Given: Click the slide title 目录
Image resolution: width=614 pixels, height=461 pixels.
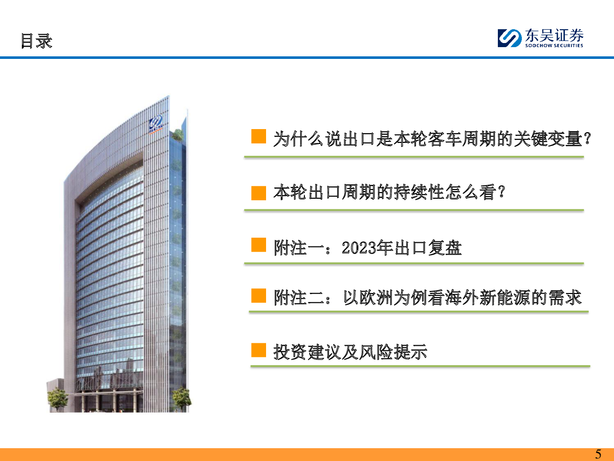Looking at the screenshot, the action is pos(37,41).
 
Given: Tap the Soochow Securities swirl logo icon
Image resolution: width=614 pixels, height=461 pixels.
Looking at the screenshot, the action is pos(510,38).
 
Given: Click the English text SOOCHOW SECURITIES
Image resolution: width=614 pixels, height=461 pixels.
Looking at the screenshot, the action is pos(554,46).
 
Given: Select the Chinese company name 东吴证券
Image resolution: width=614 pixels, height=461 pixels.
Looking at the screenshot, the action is pos(554,35).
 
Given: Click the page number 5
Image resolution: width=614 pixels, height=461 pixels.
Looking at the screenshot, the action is pos(598,454).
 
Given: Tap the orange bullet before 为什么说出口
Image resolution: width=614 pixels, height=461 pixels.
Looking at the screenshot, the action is pos(258,136).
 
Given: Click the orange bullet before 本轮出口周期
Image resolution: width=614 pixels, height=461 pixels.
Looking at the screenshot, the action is pos(258,193).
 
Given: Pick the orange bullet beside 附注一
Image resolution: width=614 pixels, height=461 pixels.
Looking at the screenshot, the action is pos(258,245).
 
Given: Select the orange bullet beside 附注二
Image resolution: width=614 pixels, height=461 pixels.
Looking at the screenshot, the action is pos(258,296).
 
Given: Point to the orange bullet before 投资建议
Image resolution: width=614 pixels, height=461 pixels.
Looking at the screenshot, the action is pos(258,350).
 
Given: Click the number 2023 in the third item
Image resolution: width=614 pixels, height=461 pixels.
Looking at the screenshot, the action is pos(359,248).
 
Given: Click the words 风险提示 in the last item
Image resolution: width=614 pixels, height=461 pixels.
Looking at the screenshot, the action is pos(393,352).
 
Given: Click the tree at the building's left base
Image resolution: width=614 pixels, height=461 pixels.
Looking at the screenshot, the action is pos(58,399).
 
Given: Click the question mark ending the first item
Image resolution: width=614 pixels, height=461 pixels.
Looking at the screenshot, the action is pos(587,139).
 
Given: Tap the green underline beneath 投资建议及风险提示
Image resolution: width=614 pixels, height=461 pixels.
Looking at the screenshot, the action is pos(420,366).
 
